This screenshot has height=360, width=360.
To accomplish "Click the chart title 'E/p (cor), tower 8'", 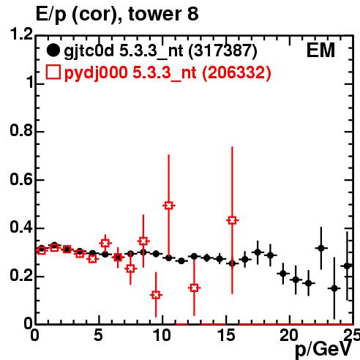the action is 117,15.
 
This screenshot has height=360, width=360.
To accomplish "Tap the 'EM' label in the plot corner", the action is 320,50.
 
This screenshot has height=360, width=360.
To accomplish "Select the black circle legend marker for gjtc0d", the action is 53,50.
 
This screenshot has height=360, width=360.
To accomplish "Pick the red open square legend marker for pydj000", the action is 53,72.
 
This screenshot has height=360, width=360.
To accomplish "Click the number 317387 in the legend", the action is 222,50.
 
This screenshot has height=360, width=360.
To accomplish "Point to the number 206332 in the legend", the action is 236,72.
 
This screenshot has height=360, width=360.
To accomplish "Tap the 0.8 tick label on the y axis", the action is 21,131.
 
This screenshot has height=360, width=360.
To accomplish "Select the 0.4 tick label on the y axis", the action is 21,228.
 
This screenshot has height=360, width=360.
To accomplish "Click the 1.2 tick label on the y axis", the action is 21,34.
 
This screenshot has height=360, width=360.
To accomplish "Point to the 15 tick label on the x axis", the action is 227,335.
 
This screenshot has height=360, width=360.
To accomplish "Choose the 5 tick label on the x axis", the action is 98,335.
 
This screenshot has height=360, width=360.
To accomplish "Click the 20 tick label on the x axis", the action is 290,335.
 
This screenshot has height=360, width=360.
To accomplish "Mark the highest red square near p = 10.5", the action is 169,206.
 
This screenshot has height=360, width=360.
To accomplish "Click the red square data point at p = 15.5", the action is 232,220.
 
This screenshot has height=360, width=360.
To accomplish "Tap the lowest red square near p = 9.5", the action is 156,295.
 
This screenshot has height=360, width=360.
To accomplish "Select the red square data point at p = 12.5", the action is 194,288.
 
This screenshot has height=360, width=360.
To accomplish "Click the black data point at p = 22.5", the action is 321,248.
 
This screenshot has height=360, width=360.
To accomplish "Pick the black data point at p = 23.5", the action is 334,288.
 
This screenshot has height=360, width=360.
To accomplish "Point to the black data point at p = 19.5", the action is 283,274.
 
